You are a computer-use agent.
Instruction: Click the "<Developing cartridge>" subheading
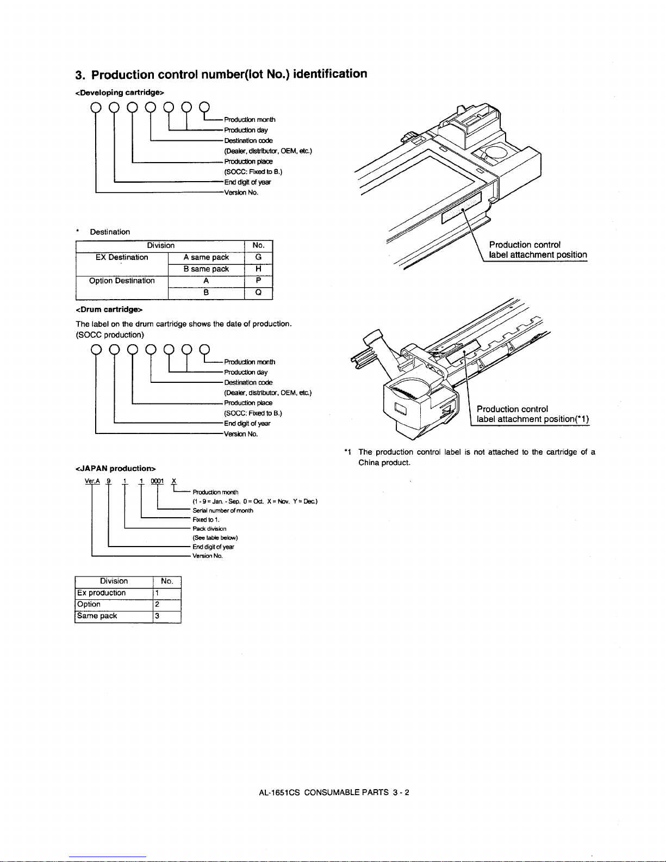point(120,92)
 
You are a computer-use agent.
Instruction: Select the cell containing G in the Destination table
point(258,257)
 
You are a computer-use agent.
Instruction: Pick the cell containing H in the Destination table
point(258,269)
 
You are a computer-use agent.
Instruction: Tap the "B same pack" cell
point(206,269)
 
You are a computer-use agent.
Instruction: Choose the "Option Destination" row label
point(122,281)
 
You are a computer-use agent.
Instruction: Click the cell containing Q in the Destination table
point(258,293)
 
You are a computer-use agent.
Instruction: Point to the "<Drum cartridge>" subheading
point(109,309)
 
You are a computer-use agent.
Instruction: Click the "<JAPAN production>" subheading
point(115,468)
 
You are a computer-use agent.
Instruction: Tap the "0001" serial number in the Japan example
point(157,481)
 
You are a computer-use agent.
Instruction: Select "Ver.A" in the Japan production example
point(92,481)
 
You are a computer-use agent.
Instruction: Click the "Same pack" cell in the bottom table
point(114,617)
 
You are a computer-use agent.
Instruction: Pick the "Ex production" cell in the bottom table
point(114,593)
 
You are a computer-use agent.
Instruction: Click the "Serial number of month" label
point(223,511)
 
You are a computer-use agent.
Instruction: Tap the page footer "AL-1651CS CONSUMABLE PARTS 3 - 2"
point(334,792)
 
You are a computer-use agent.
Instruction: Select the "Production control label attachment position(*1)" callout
point(532,414)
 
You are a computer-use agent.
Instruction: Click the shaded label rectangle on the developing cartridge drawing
point(462,208)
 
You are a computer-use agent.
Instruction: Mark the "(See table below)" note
point(215,538)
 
